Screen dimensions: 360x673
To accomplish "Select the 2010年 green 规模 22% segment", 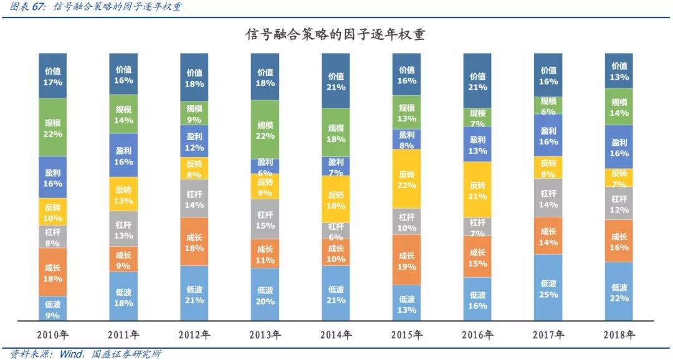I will pos(52,127).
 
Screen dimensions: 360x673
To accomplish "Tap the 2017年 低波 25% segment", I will pos(548,288).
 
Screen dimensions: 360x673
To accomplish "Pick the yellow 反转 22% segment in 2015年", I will pos(406,178).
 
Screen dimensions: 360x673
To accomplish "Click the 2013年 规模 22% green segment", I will pos(265,130).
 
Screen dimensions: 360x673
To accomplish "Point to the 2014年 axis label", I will pos(336,335).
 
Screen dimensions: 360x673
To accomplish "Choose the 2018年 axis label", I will pos(619,335).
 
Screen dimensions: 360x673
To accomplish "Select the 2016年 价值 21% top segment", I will pos(477,81).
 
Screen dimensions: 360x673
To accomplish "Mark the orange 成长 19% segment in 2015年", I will pos(406,260).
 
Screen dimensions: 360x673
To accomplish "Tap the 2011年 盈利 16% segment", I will pos(123,155).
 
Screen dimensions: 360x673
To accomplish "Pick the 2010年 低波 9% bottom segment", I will pos(52,308).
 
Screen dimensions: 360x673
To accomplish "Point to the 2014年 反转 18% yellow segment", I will pos(336,199).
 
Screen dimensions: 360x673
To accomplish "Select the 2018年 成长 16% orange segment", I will pos(619,240).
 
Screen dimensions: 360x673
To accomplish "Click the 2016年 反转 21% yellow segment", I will pos(477,189).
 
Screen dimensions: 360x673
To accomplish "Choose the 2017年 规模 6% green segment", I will pos(548,105).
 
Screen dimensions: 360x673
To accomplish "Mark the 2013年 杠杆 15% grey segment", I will pos(265,219).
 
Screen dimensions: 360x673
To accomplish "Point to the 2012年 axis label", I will pos(194,335).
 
